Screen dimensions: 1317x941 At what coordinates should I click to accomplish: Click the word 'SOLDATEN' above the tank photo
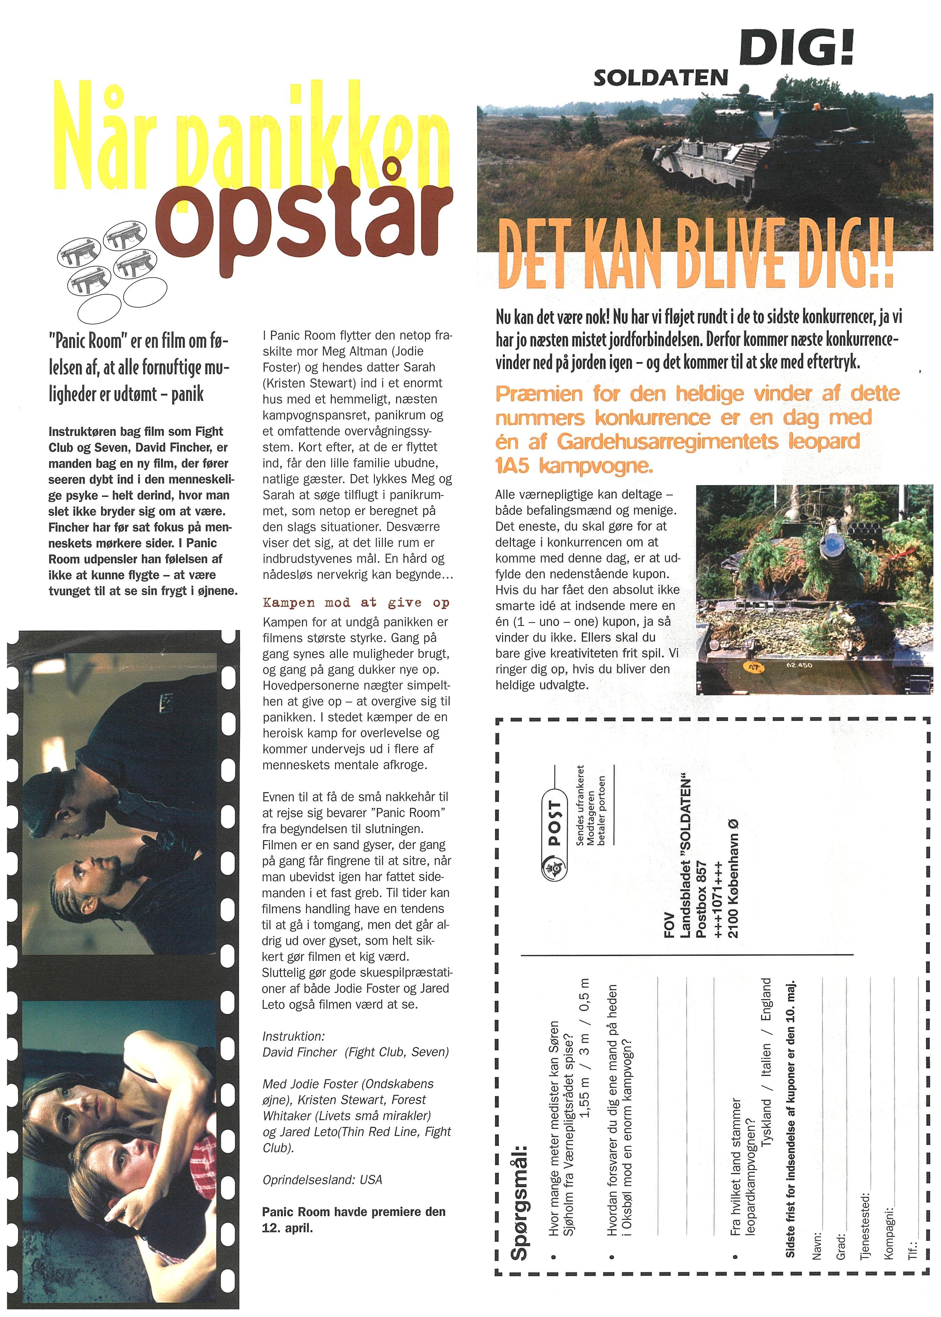pos(660,77)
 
